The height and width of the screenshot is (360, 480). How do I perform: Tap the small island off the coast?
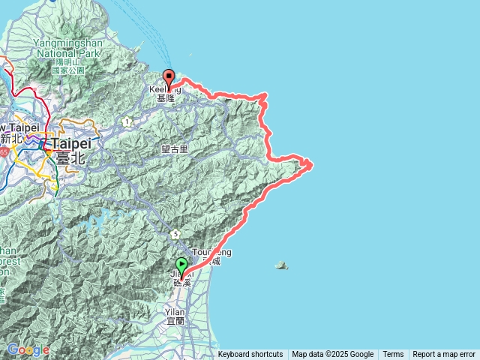(281, 265)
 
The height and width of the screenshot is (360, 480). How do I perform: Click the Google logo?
(28, 349)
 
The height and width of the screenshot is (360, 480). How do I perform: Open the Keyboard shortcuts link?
(250, 355)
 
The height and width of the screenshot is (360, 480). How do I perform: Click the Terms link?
(393, 355)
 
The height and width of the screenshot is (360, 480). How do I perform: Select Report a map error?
(444, 355)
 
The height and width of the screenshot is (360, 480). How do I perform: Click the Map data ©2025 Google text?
(333, 355)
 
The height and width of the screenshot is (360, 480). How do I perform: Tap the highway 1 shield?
(128, 121)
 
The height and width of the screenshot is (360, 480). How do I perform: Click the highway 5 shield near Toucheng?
(175, 234)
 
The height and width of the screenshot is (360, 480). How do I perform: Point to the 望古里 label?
(174, 149)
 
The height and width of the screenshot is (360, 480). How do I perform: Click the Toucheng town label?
(212, 253)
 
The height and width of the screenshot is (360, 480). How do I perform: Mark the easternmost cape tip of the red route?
(311, 164)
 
